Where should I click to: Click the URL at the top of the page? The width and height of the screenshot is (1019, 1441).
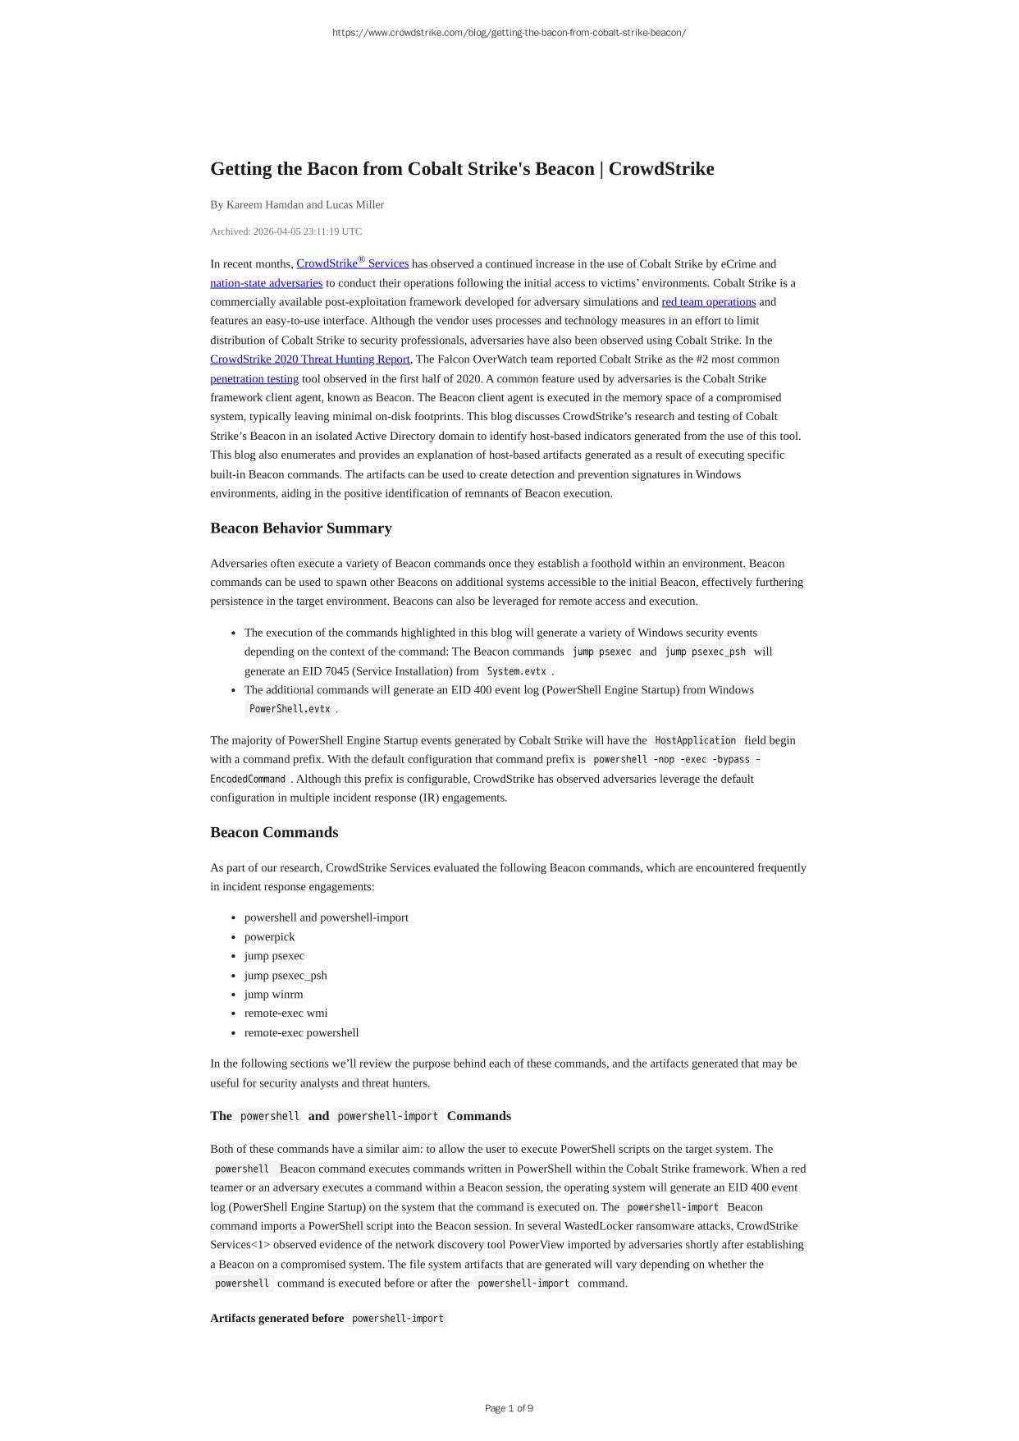tap(509, 33)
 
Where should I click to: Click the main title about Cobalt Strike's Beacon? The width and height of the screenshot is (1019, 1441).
tap(462, 169)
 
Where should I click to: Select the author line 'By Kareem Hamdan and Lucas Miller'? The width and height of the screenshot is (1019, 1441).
tap(297, 204)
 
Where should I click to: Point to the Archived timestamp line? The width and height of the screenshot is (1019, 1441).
tap(286, 231)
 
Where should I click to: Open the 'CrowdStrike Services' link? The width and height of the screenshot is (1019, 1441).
tap(352, 263)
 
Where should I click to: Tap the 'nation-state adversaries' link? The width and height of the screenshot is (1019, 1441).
tap(266, 283)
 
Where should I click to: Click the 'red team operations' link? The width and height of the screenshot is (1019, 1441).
tap(708, 302)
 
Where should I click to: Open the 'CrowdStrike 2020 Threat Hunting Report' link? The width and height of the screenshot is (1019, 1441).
tap(309, 359)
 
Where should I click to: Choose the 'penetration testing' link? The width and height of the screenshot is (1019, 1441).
tap(254, 379)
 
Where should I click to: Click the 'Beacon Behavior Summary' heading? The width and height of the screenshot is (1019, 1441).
tap(301, 528)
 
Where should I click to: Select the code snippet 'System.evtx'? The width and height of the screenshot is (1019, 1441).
tap(516, 671)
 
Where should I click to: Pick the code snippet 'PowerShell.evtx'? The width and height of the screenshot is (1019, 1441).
tap(290, 709)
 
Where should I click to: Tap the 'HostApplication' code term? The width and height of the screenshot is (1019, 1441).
tap(695, 740)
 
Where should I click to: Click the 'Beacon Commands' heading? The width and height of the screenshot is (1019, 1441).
tap(274, 832)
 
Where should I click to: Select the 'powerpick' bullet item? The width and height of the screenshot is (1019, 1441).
tap(269, 937)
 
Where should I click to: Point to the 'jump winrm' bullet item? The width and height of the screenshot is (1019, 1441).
tap(273, 995)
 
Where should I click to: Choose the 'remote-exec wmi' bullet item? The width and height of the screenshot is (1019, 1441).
tap(286, 1013)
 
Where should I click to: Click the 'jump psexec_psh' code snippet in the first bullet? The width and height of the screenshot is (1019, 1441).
tap(705, 652)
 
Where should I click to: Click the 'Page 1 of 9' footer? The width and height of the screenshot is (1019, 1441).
tap(509, 1408)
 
